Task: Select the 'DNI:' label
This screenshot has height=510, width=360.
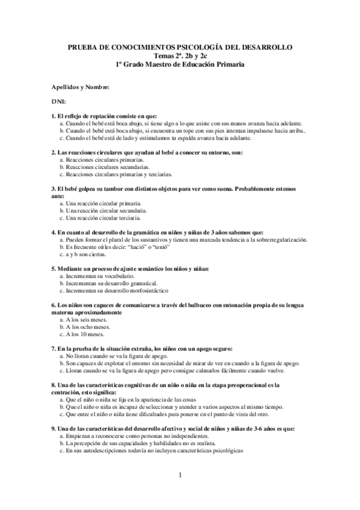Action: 59,102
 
